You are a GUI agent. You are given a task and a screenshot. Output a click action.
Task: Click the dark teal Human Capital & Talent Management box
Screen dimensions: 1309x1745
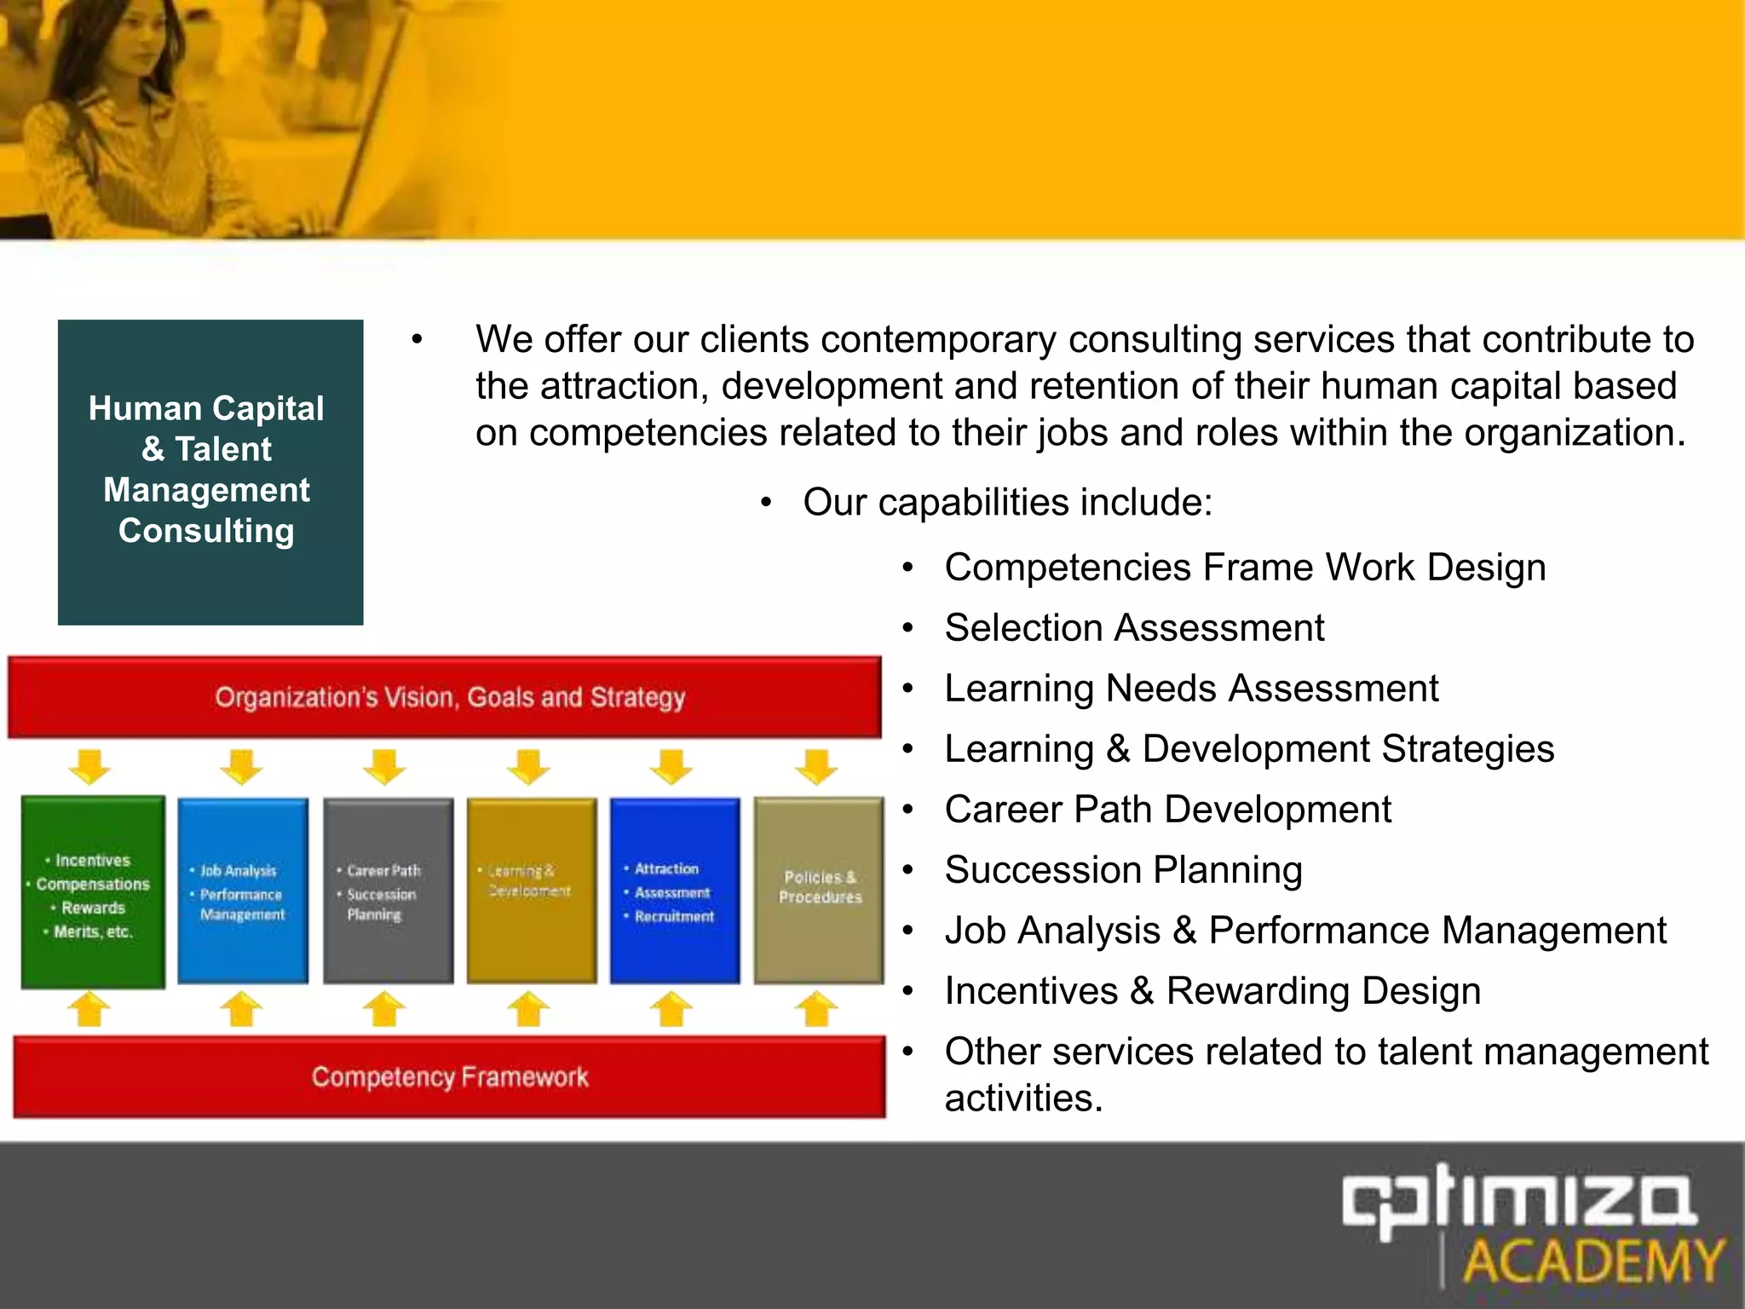(210, 472)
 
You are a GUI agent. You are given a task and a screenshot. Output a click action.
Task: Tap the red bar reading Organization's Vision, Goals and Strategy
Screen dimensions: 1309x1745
(445, 697)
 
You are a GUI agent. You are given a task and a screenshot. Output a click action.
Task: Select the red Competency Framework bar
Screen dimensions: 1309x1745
(450, 1076)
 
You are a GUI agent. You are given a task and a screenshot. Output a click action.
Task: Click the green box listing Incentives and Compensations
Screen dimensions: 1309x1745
(93, 892)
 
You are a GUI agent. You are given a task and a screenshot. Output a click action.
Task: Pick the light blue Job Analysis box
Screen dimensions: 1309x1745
(243, 891)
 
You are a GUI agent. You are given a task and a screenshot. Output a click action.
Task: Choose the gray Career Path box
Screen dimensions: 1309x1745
(388, 891)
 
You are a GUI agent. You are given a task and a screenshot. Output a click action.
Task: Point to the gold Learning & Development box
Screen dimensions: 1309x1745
(532, 891)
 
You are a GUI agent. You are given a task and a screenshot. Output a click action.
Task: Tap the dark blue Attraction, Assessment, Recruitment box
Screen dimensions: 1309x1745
(675, 891)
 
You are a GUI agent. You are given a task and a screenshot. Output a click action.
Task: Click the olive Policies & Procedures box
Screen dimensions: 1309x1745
(819, 891)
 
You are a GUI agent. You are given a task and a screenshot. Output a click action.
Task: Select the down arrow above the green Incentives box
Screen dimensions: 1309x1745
(90, 766)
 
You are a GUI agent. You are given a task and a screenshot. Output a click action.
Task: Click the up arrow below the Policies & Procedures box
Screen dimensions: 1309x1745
(816, 1009)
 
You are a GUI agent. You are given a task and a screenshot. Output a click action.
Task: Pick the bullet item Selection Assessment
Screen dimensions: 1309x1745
(1134, 628)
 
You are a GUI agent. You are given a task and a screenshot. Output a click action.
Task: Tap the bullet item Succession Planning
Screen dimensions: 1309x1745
(1123, 870)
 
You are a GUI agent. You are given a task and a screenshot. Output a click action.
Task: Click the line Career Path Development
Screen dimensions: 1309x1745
(1167, 810)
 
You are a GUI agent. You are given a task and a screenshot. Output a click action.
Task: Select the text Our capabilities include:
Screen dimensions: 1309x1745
(1007, 502)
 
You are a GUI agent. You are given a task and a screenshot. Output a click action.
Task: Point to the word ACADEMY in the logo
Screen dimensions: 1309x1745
(1593, 1262)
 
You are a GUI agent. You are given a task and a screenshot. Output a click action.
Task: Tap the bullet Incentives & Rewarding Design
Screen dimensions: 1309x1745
(1212, 991)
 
